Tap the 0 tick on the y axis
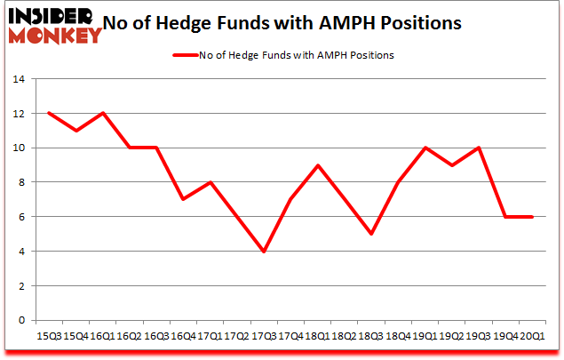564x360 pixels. tap(20, 321)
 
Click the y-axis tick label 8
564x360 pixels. tap(20, 182)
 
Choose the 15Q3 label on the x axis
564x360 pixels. tap(48, 336)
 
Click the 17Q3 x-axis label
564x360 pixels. tap(263, 336)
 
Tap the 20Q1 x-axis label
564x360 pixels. tap(533, 336)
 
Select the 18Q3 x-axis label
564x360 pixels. tap(371, 336)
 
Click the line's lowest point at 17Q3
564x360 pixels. tap(263, 252)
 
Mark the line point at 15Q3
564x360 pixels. tap(48, 113)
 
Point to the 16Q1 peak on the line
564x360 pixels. tap(102, 113)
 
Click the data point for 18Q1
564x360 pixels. tap(317, 165)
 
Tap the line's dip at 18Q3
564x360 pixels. tap(371, 235)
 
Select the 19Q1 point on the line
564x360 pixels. tap(425, 148)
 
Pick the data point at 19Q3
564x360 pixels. tap(479, 148)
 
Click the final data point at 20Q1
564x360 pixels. tap(533, 217)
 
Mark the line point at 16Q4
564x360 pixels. tap(182, 200)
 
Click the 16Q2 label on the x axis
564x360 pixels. tap(129, 336)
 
